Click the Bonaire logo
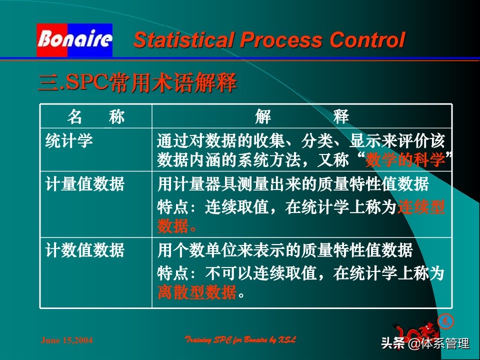(x=74, y=39)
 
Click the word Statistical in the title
(x=180, y=40)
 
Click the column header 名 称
(x=95, y=117)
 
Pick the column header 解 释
(x=301, y=117)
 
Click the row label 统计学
(x=69, y=141)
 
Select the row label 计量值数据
(x=85, y=184)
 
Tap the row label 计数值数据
(x=85, y=249)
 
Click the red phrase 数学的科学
(x=405, y=160)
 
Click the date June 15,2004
(x=66, y=340)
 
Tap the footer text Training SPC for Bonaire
(x=240, y=340)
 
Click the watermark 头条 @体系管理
(x=425, y=343)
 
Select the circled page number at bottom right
(x=442, y=321)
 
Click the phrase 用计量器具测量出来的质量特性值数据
(x=293, y=184)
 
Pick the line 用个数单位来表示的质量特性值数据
(x=285, y=249)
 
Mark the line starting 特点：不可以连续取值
(x=300, y=273)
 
